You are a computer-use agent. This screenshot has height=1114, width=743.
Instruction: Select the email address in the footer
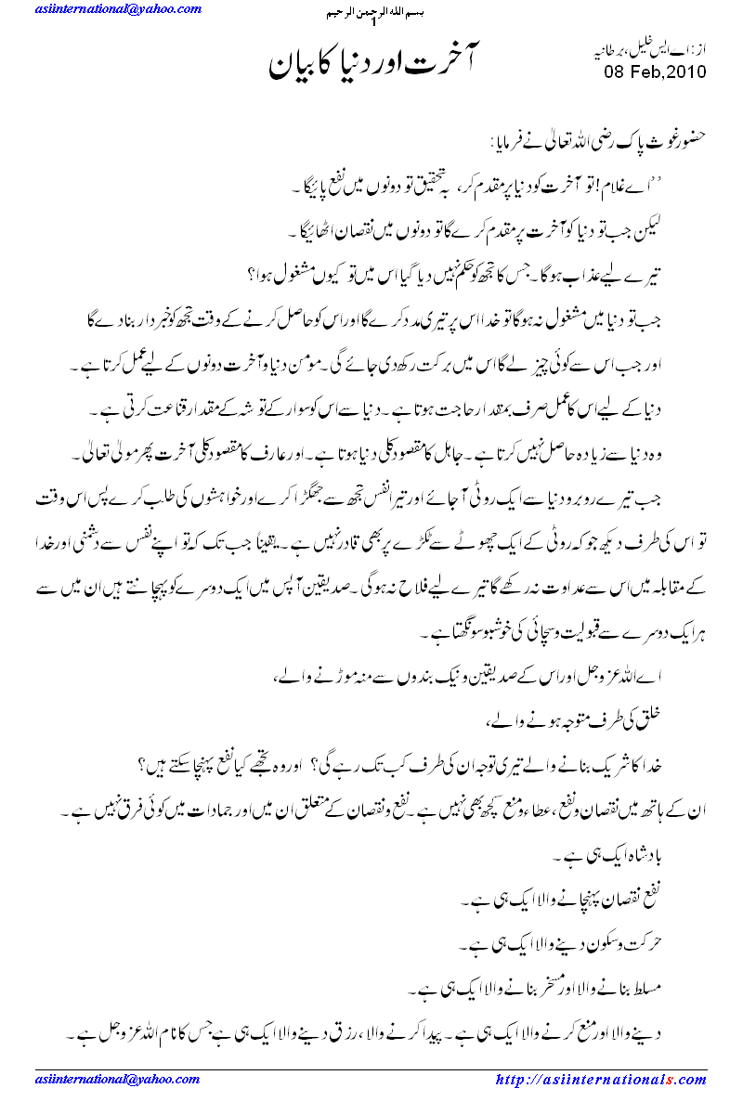[118, 1080]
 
